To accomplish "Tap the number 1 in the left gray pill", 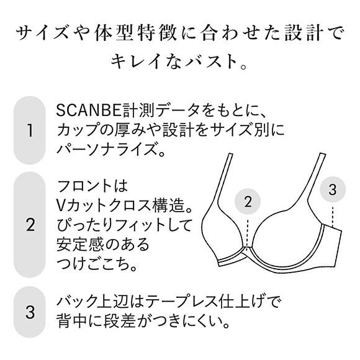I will click(x=29, y=131).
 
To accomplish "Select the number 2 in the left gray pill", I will click(x=29, y=224).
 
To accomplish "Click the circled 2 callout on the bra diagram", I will click(x=248, y=202).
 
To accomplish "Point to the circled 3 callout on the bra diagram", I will click(x=332, y=189).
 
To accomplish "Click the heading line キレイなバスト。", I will click(x=180, y=61).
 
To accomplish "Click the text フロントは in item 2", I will click(x=91, y=185).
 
